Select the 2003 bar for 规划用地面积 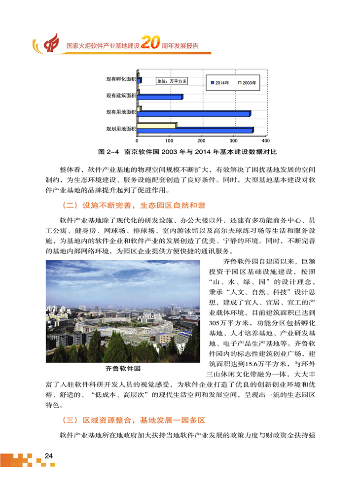pos(156,125)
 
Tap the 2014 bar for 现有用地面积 pos(195,114)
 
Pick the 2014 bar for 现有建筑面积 pos(161,97)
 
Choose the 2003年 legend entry pos(247,83)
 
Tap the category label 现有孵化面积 pos(121,79)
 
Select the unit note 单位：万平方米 pos(170,81)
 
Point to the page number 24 pos(48,455)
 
